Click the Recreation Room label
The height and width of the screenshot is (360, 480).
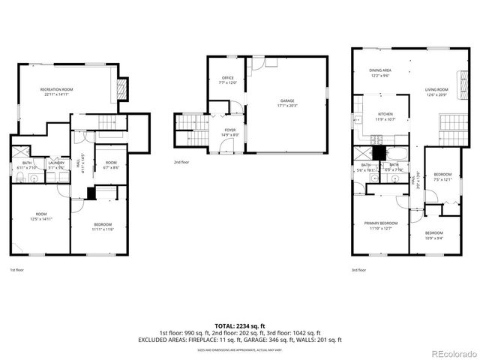click(x=56, y=91)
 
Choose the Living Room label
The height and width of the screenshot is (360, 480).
click(x=436, y=91)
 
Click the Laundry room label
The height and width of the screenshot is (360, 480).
click(x=55, y=164)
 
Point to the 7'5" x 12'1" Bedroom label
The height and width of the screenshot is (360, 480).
click(x=442, y=177)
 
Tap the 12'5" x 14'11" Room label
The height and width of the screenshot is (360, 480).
click(x=40, y=216)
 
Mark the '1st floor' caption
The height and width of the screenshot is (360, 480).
click(x=16, y=269)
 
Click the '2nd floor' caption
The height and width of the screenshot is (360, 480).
click(x=181, y=162)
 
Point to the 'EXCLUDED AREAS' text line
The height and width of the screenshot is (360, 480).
click(x=239, y=339)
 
